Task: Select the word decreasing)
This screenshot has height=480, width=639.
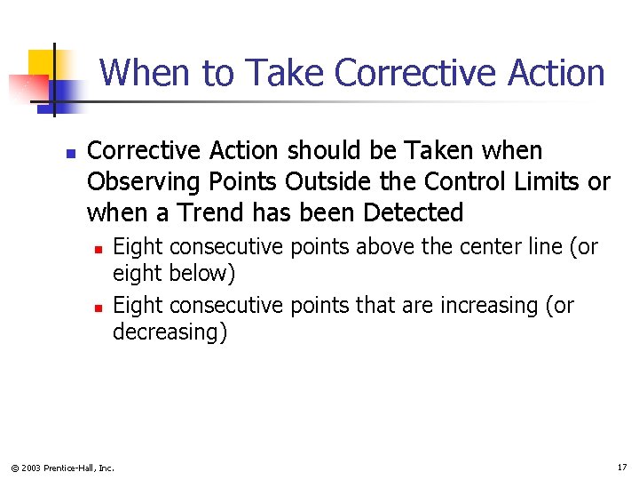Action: [x=170, y=332]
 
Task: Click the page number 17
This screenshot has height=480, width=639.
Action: [x=620, y=467]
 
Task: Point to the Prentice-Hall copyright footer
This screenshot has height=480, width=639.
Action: [x=62, y=467]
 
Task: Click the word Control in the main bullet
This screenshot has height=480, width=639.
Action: [x=462, y=182]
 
